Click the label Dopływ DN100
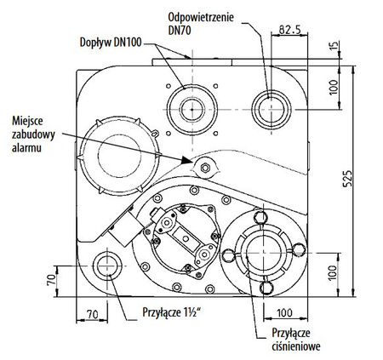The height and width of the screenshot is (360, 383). click(112, 40)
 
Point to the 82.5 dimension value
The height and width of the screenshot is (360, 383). click(289, 28)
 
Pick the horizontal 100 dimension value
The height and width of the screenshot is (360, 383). click(286, 313)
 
